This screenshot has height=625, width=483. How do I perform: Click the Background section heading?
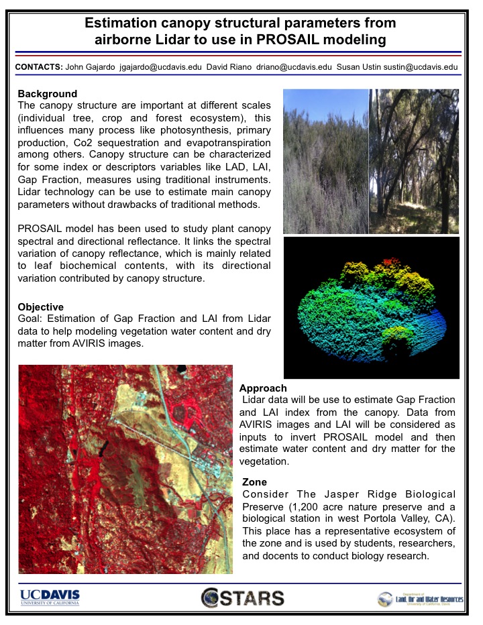[x=48, y=94]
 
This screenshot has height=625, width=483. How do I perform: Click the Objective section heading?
[x=41, y=307]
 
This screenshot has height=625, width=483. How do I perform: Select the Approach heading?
[x=263, y=388]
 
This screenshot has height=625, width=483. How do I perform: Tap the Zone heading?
[x=254, y=482]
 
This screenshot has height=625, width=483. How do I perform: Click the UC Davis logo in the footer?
[x=50, y=597]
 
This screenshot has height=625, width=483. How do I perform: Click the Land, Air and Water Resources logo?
[x=420, y=598]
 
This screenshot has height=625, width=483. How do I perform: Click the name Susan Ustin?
[x=360, y=67]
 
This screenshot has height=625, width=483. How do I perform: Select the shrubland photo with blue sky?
[x=325, y=161]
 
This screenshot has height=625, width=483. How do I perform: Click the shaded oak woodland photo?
[x=415, y=161]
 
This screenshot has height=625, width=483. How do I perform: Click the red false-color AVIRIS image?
[x=125, y=469]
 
